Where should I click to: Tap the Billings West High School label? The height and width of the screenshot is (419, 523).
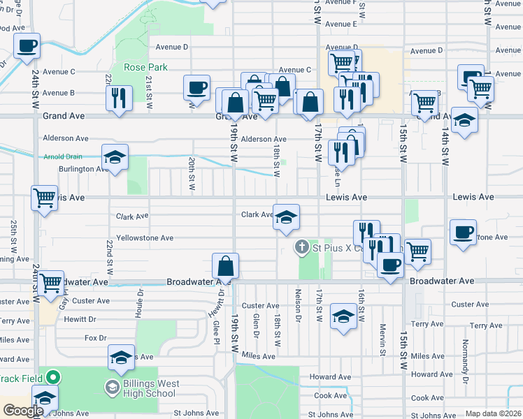[x=151, y=388]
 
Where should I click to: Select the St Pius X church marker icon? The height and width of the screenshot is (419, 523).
[x=301, y=247]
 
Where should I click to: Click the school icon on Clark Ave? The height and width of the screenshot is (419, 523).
[x=286, y=216]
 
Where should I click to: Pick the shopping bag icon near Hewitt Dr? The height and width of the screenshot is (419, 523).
[x=226, y=265]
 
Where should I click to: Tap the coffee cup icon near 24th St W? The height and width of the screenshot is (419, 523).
[x=27, y=47]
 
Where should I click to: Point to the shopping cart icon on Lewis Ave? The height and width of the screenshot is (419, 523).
[x=45, y=198]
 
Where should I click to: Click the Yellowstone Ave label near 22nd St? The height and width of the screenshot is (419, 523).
[x=145, y=238]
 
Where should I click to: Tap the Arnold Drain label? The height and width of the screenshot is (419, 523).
[x=63, y=156]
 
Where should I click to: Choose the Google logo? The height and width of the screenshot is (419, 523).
[x=22, y=411]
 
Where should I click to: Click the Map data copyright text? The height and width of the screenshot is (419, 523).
[x=492, y=413]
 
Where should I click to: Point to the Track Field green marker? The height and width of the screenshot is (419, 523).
[x=53, y=378]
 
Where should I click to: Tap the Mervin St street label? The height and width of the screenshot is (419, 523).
[x=382, y=339]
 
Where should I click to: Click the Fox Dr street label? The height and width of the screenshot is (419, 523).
[x=95, y=337]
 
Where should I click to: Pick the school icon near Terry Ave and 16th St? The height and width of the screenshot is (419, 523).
[x=343, y=316]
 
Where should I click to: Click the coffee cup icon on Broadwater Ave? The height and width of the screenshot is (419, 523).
[x=390, y=265]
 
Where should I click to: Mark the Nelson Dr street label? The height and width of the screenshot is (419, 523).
[x=298, y=305]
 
